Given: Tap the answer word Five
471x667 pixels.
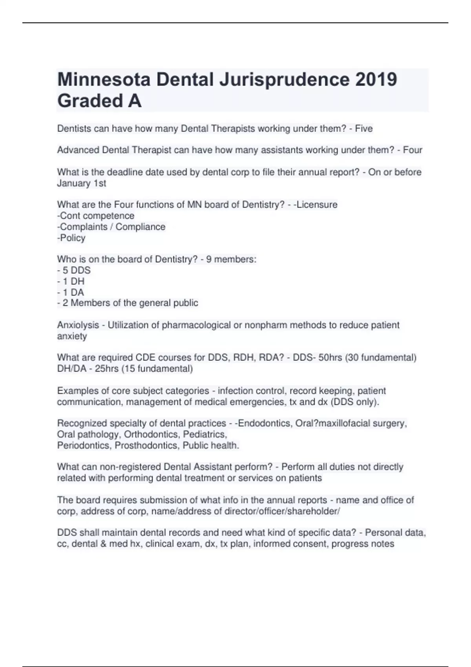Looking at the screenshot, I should tap(363, 129).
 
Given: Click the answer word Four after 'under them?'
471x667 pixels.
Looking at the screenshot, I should tap(412, 150).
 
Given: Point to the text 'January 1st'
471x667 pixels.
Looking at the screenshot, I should tap(82, 183).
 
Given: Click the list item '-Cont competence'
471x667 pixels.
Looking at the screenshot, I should tap(96, 216).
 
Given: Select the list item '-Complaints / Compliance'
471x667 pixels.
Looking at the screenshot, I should tap(111, 227).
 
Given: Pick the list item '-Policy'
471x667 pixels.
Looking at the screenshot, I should tap(71, 238).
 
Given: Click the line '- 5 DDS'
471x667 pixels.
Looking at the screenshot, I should tap(74, 270).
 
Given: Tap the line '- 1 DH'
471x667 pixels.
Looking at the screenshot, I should tap(71, 281).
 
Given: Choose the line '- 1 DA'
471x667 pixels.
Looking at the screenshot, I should tap(71, 292).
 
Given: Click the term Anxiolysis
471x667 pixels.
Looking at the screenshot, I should tap(78, 325).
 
